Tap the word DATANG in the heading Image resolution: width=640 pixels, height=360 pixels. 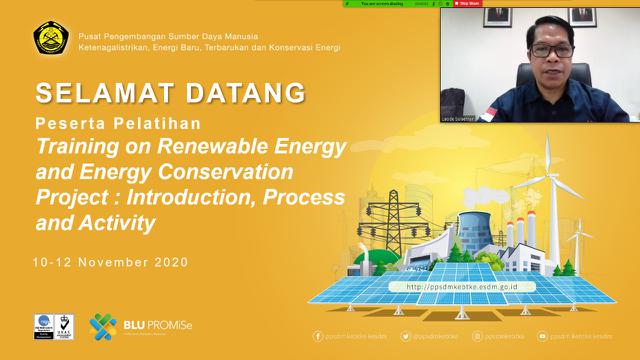(241, 93)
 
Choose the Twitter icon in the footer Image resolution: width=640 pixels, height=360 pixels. (406, 337)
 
